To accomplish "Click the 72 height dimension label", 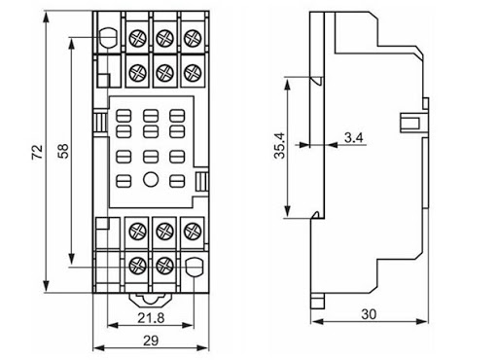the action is click(37, 152).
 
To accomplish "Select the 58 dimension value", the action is click(63, 151).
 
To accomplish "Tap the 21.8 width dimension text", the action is click(151, 318).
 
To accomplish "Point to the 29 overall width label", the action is click(151, 341).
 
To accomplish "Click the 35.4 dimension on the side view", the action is click(279, 146).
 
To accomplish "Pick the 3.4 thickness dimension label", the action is click(353, 138).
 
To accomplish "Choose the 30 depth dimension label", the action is click(369, 314).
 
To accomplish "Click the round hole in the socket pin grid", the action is click(151, 179).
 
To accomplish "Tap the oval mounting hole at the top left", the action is click(109, 39).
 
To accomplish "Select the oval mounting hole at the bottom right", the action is click(194, 267).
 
